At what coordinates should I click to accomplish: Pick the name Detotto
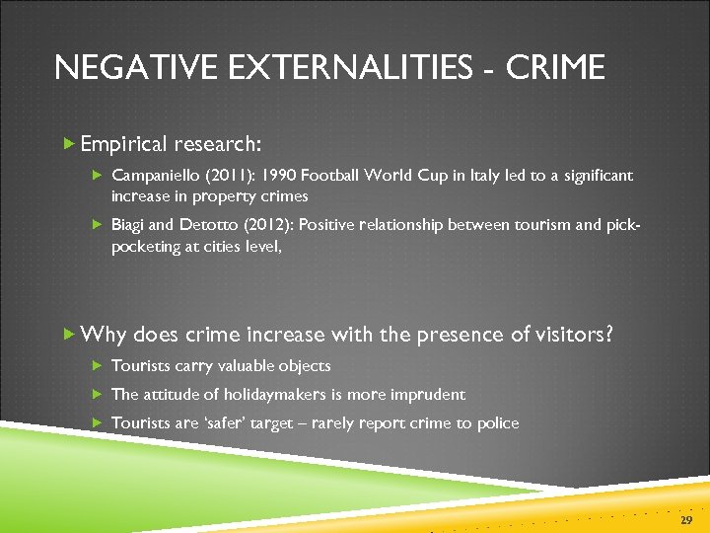[x=201, y=225]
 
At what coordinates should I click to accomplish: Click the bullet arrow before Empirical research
[x=68, y=144]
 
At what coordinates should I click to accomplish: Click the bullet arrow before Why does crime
[x=68, y=335]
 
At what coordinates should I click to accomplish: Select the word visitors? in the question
[x=574, y=335]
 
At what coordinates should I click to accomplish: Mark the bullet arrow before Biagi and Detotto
[x=98, y=225]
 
